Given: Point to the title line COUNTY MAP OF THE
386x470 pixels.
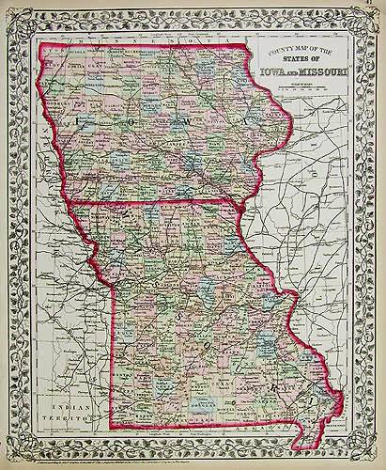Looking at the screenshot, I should [300, 49].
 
